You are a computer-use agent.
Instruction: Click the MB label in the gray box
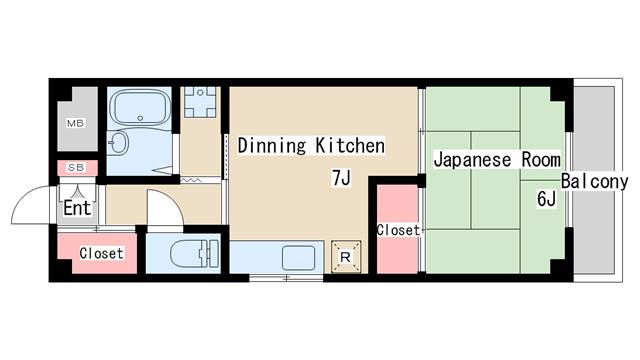tap(76, 123)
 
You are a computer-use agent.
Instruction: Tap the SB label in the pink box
tap(76, 167)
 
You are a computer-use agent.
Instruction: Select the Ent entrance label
tap(77, 208)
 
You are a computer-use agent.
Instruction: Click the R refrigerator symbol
tap(346, 257)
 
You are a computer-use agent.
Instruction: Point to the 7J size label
tap(341, 178)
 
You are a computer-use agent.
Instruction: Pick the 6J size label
tap(547, 199)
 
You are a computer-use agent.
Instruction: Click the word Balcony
tap(594, 181)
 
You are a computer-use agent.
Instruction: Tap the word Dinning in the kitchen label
tap(271, 146)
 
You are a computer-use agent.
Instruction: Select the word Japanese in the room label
tap(472, 160)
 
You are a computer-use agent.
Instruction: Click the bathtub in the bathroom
tap(140, 107)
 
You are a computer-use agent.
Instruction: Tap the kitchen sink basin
tap(298, 258)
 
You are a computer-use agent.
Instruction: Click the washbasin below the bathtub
tap(120, 142)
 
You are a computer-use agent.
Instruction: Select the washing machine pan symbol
tap(200, 102)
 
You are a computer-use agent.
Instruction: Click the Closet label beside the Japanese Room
tap(398, 230)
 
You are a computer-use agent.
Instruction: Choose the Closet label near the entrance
tap(101, 253)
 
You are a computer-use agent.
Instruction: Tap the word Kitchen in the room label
tap(350, 146)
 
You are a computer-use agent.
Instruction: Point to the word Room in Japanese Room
tap(541, 160)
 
